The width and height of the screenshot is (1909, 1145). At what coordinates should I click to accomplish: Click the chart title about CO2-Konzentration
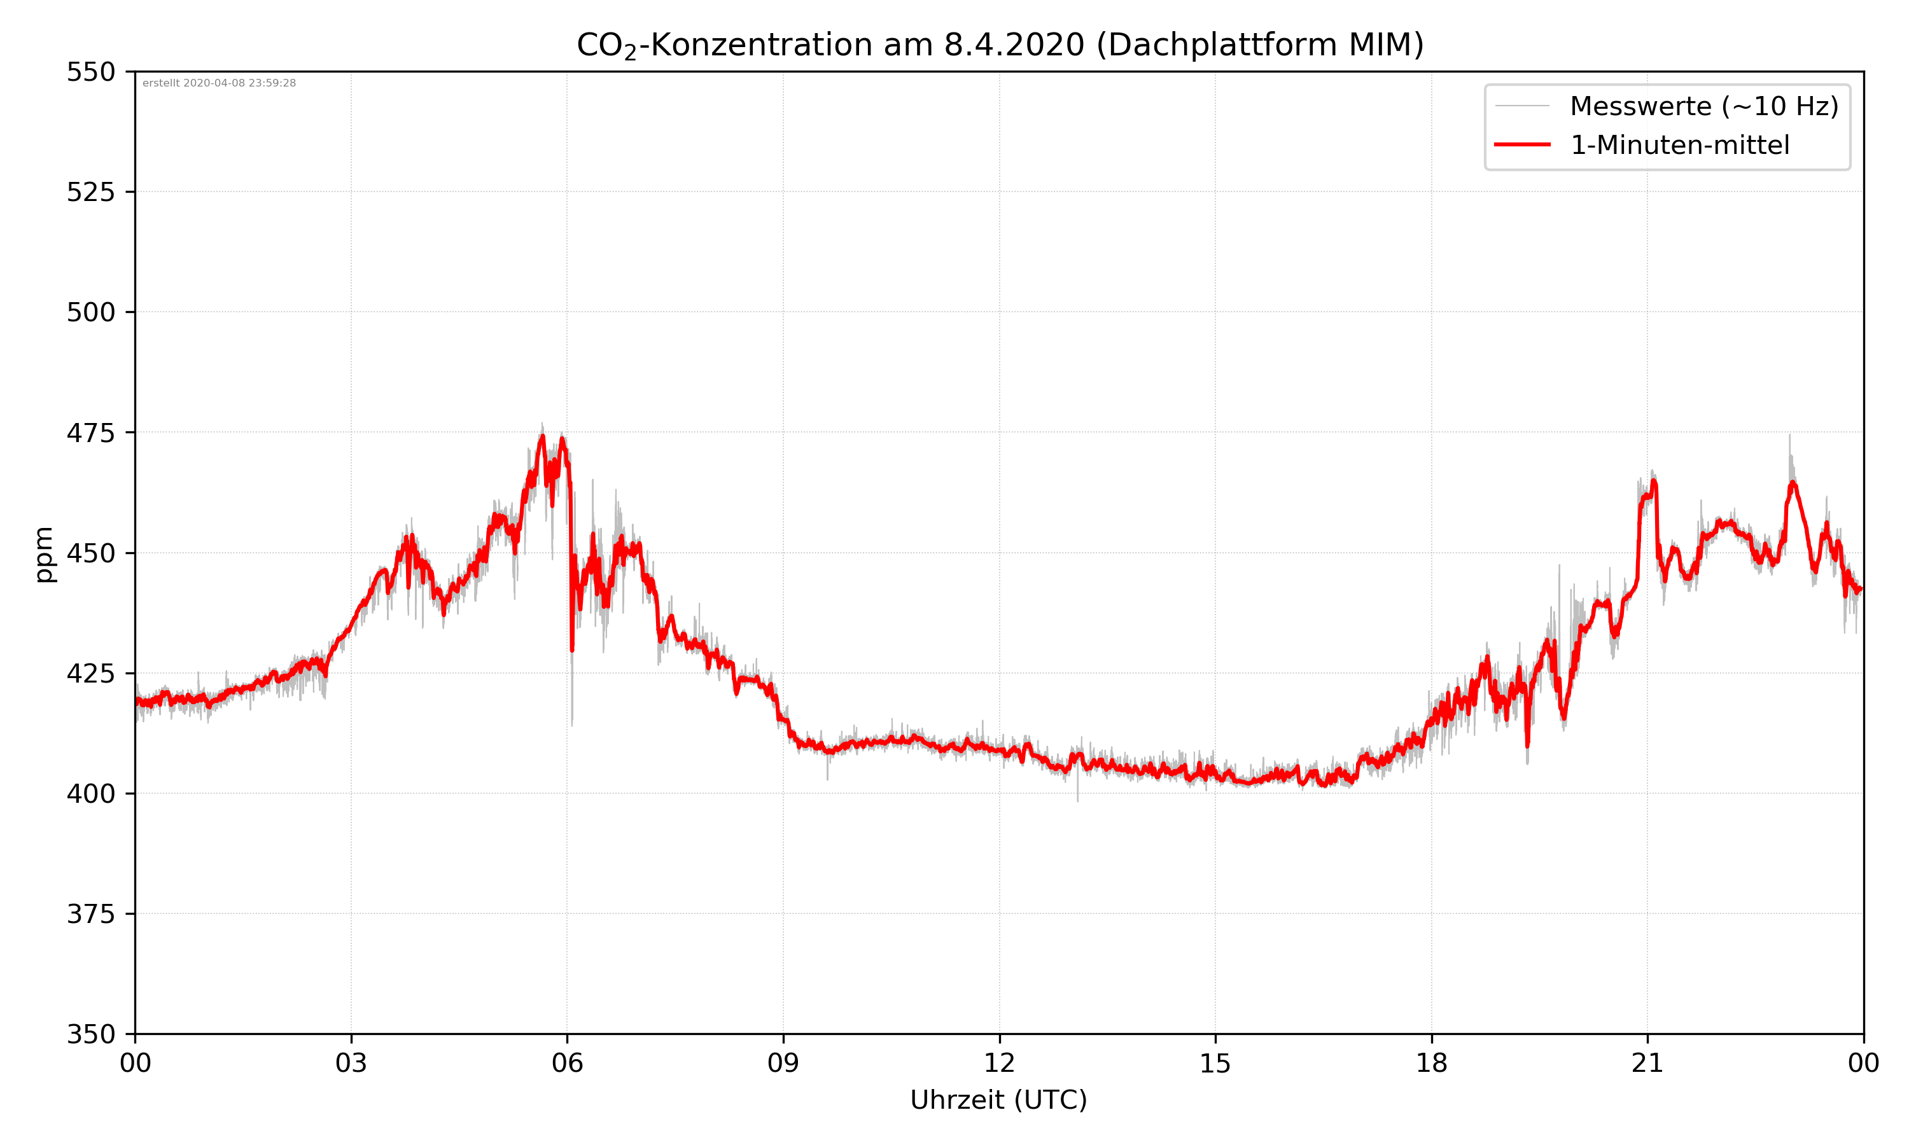[999, 45]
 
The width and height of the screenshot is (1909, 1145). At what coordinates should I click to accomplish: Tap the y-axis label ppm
[44, 553]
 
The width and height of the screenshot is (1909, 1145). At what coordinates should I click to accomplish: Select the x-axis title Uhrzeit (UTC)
[998, 1099]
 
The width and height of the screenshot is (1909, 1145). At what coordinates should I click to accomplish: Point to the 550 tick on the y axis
[90, 72]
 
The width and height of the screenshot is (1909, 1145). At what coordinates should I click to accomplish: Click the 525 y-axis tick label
[90, 192]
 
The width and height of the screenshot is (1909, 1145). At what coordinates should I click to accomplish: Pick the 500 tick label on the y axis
[90, 312]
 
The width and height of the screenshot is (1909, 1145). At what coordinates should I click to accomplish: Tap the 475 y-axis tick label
[90, 433]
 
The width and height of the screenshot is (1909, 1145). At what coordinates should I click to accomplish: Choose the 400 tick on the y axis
[90, 794]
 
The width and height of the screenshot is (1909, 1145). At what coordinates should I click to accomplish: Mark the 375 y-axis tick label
[90, 914]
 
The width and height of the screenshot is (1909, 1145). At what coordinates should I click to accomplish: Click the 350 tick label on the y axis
[90, 1035]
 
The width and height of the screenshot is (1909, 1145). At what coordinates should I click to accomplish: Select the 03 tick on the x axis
[351, 1063]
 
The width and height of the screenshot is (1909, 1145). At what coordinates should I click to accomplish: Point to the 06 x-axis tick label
[567, 1063]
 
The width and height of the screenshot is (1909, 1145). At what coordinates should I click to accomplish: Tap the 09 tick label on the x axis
[783, 1063]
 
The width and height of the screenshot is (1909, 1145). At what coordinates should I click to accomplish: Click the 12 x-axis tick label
[999, 1063]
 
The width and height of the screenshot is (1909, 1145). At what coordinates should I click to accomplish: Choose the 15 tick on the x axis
[1215, 1063]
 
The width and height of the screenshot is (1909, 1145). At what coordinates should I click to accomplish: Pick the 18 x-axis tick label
[1431, 1063]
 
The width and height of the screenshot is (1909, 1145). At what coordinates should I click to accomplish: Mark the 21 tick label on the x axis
[1647, 1063]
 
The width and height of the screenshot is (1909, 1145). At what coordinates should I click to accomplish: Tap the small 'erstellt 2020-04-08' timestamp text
[219, 83]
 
